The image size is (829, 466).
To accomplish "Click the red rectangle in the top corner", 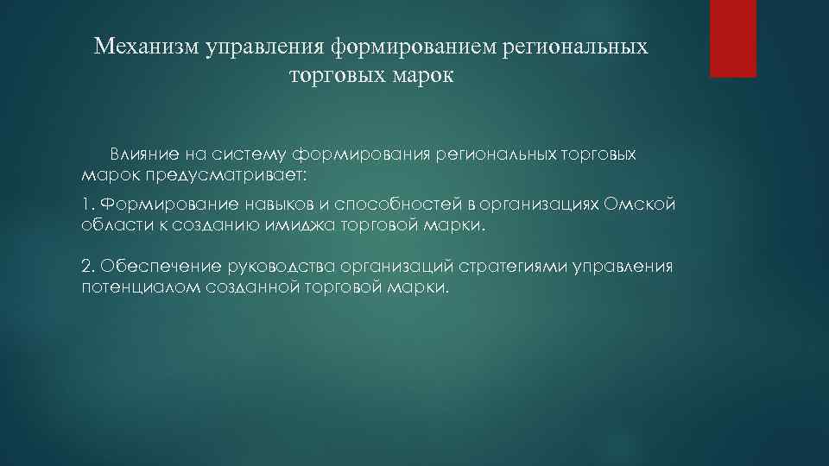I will pos(732,38).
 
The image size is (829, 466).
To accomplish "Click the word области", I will pos(106,225).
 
